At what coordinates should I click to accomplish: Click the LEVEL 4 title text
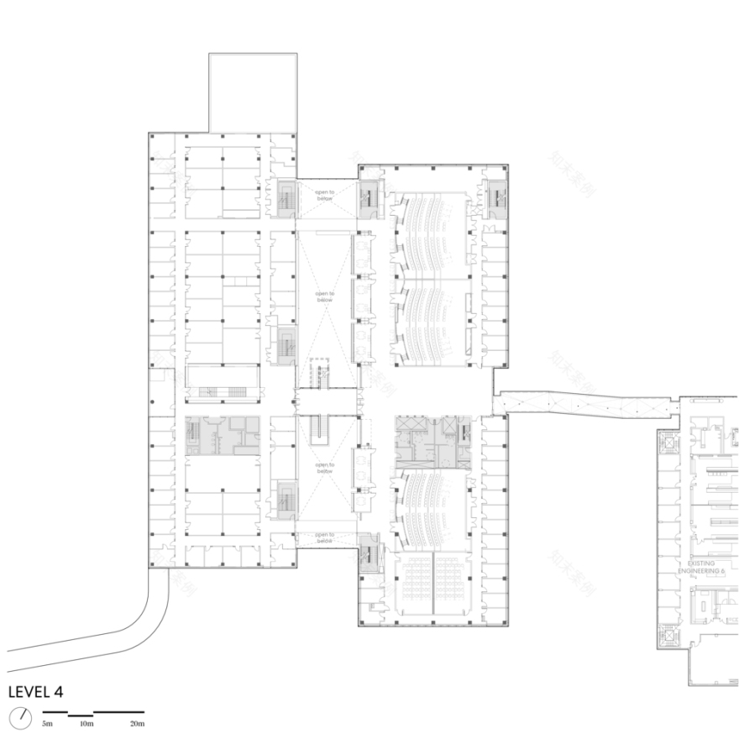35,692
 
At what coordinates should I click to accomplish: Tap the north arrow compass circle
21,718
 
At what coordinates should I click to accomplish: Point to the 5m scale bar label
48,723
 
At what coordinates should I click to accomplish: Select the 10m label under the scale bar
86,723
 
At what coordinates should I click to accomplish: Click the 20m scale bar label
137,723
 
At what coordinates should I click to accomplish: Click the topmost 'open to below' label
325,195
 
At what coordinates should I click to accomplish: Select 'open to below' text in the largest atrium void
325,296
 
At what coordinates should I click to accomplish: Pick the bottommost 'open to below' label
325,538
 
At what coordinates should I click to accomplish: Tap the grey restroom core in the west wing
222,436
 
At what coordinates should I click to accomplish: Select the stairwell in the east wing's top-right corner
495,197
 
